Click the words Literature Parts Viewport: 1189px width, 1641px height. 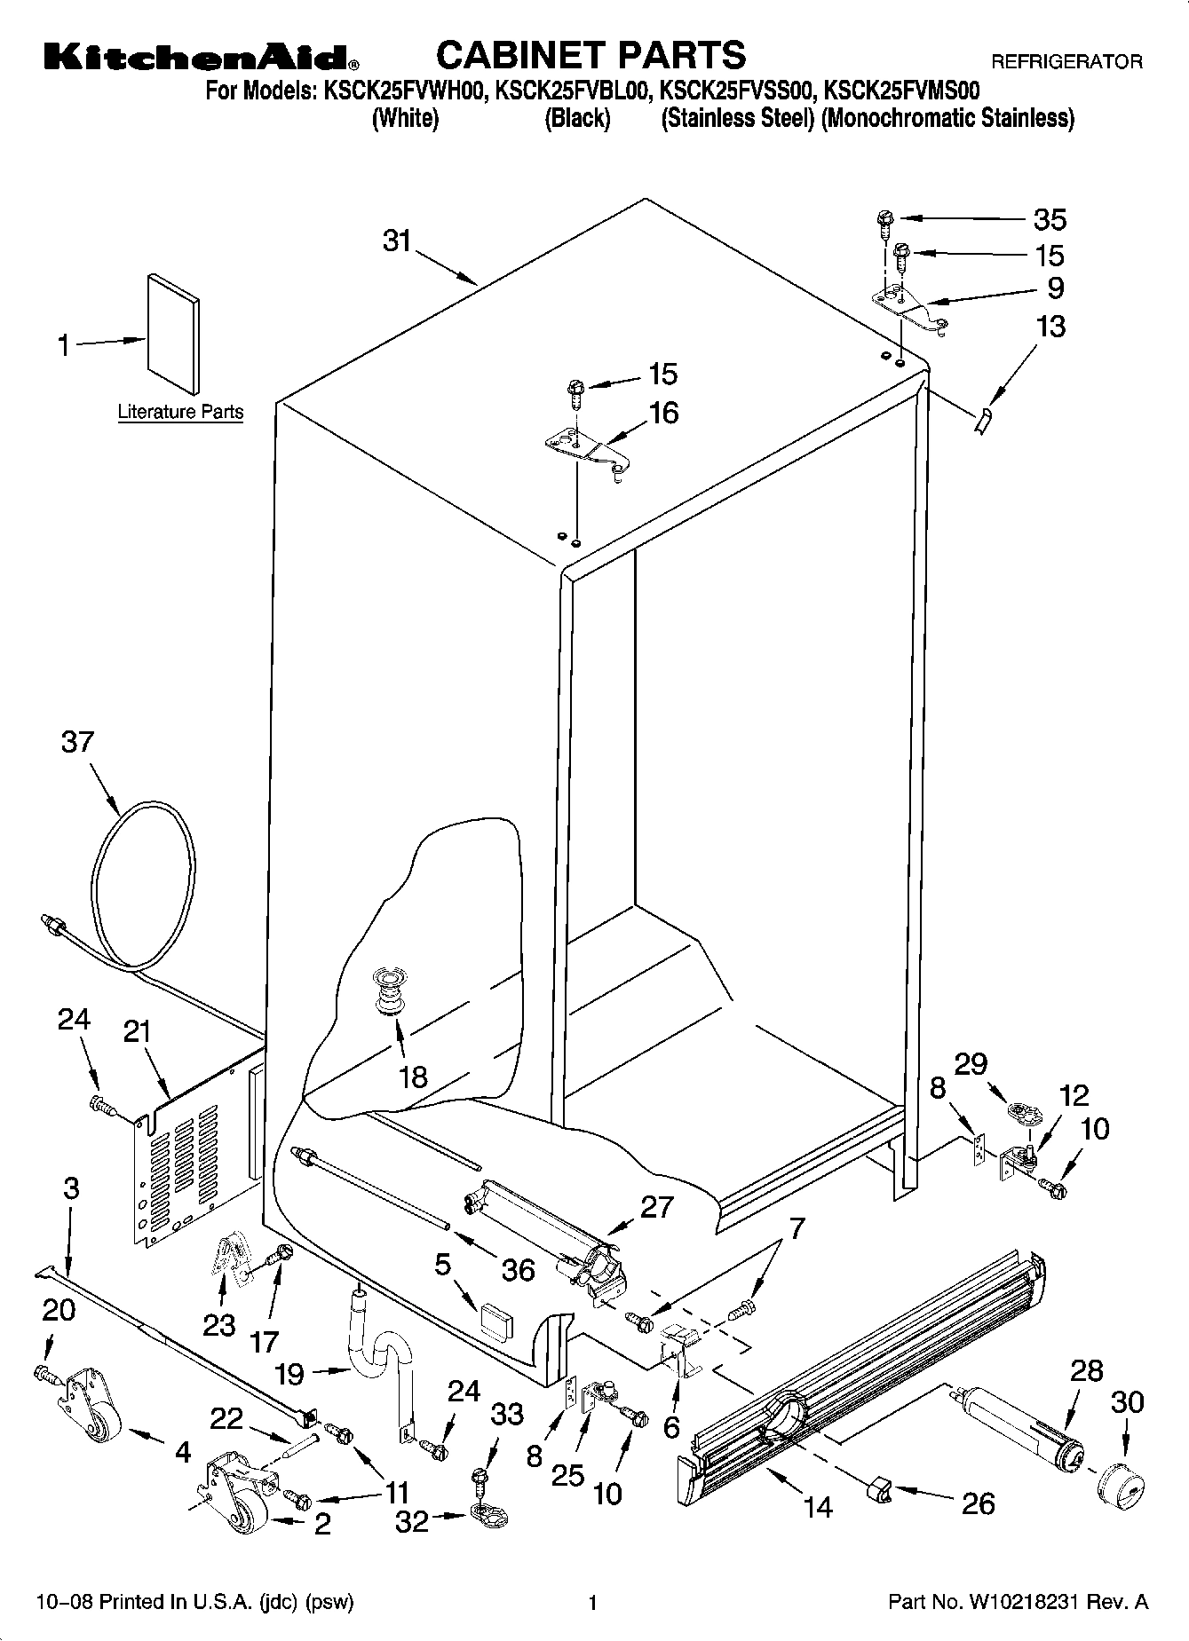click(x=180, y=413)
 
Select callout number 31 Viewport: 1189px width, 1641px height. click(x=398, y=241)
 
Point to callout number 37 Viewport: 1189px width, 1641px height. click(x=77, y=742)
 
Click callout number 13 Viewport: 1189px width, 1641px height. click(x=1050, y=327)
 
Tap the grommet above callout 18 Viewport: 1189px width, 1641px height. click(x=387, y=989)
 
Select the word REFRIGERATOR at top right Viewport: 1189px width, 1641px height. click(x=1066, y=62)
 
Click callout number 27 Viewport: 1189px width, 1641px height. click(x=656, y=1207)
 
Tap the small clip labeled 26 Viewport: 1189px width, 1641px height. click(x=878, y=1490)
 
